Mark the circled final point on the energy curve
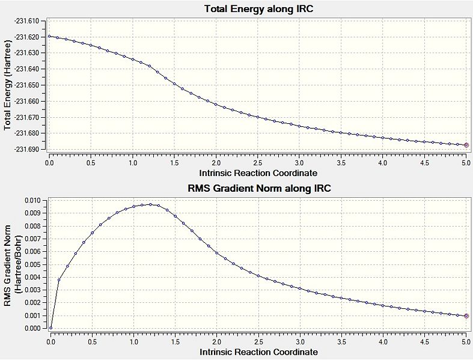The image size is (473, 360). (466, 145)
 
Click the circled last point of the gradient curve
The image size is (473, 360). (466, 316)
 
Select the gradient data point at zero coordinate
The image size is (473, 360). (50, 328)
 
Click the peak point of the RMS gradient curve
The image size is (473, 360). (150, 204)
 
